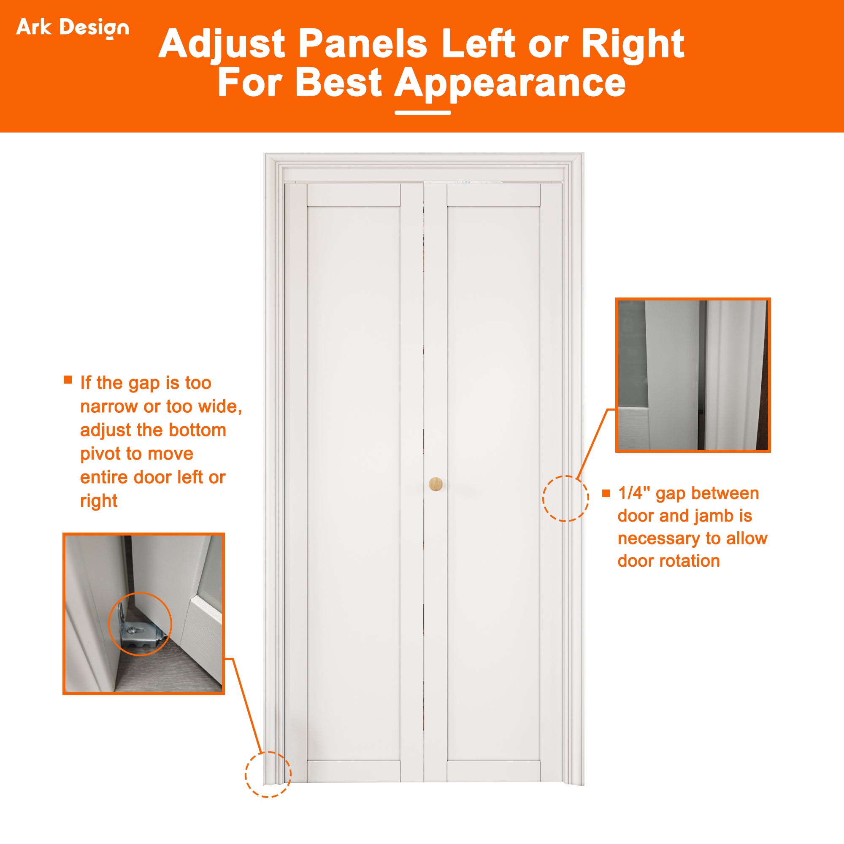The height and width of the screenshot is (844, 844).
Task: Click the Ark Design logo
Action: click(x=73, y=27)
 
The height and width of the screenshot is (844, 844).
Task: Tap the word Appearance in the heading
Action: click(x=510, y=83)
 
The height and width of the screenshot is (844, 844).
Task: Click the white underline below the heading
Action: click(x=422, y=113)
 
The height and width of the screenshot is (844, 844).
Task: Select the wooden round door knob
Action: click(x=436, y=484)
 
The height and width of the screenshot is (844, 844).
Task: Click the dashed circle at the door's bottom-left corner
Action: click(x=268, y=774)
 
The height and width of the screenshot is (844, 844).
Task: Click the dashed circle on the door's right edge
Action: click(x=565, y=498)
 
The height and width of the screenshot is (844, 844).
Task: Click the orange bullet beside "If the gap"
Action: click(x=68, y=379)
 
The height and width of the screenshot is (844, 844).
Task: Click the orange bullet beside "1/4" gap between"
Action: click(x=606, y=493)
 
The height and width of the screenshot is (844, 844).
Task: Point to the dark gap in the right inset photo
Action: click(x=702, y=376)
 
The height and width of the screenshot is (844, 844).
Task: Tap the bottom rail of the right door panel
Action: click(x=493, y=771)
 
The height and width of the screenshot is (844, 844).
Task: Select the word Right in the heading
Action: click(x=632, y=44)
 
